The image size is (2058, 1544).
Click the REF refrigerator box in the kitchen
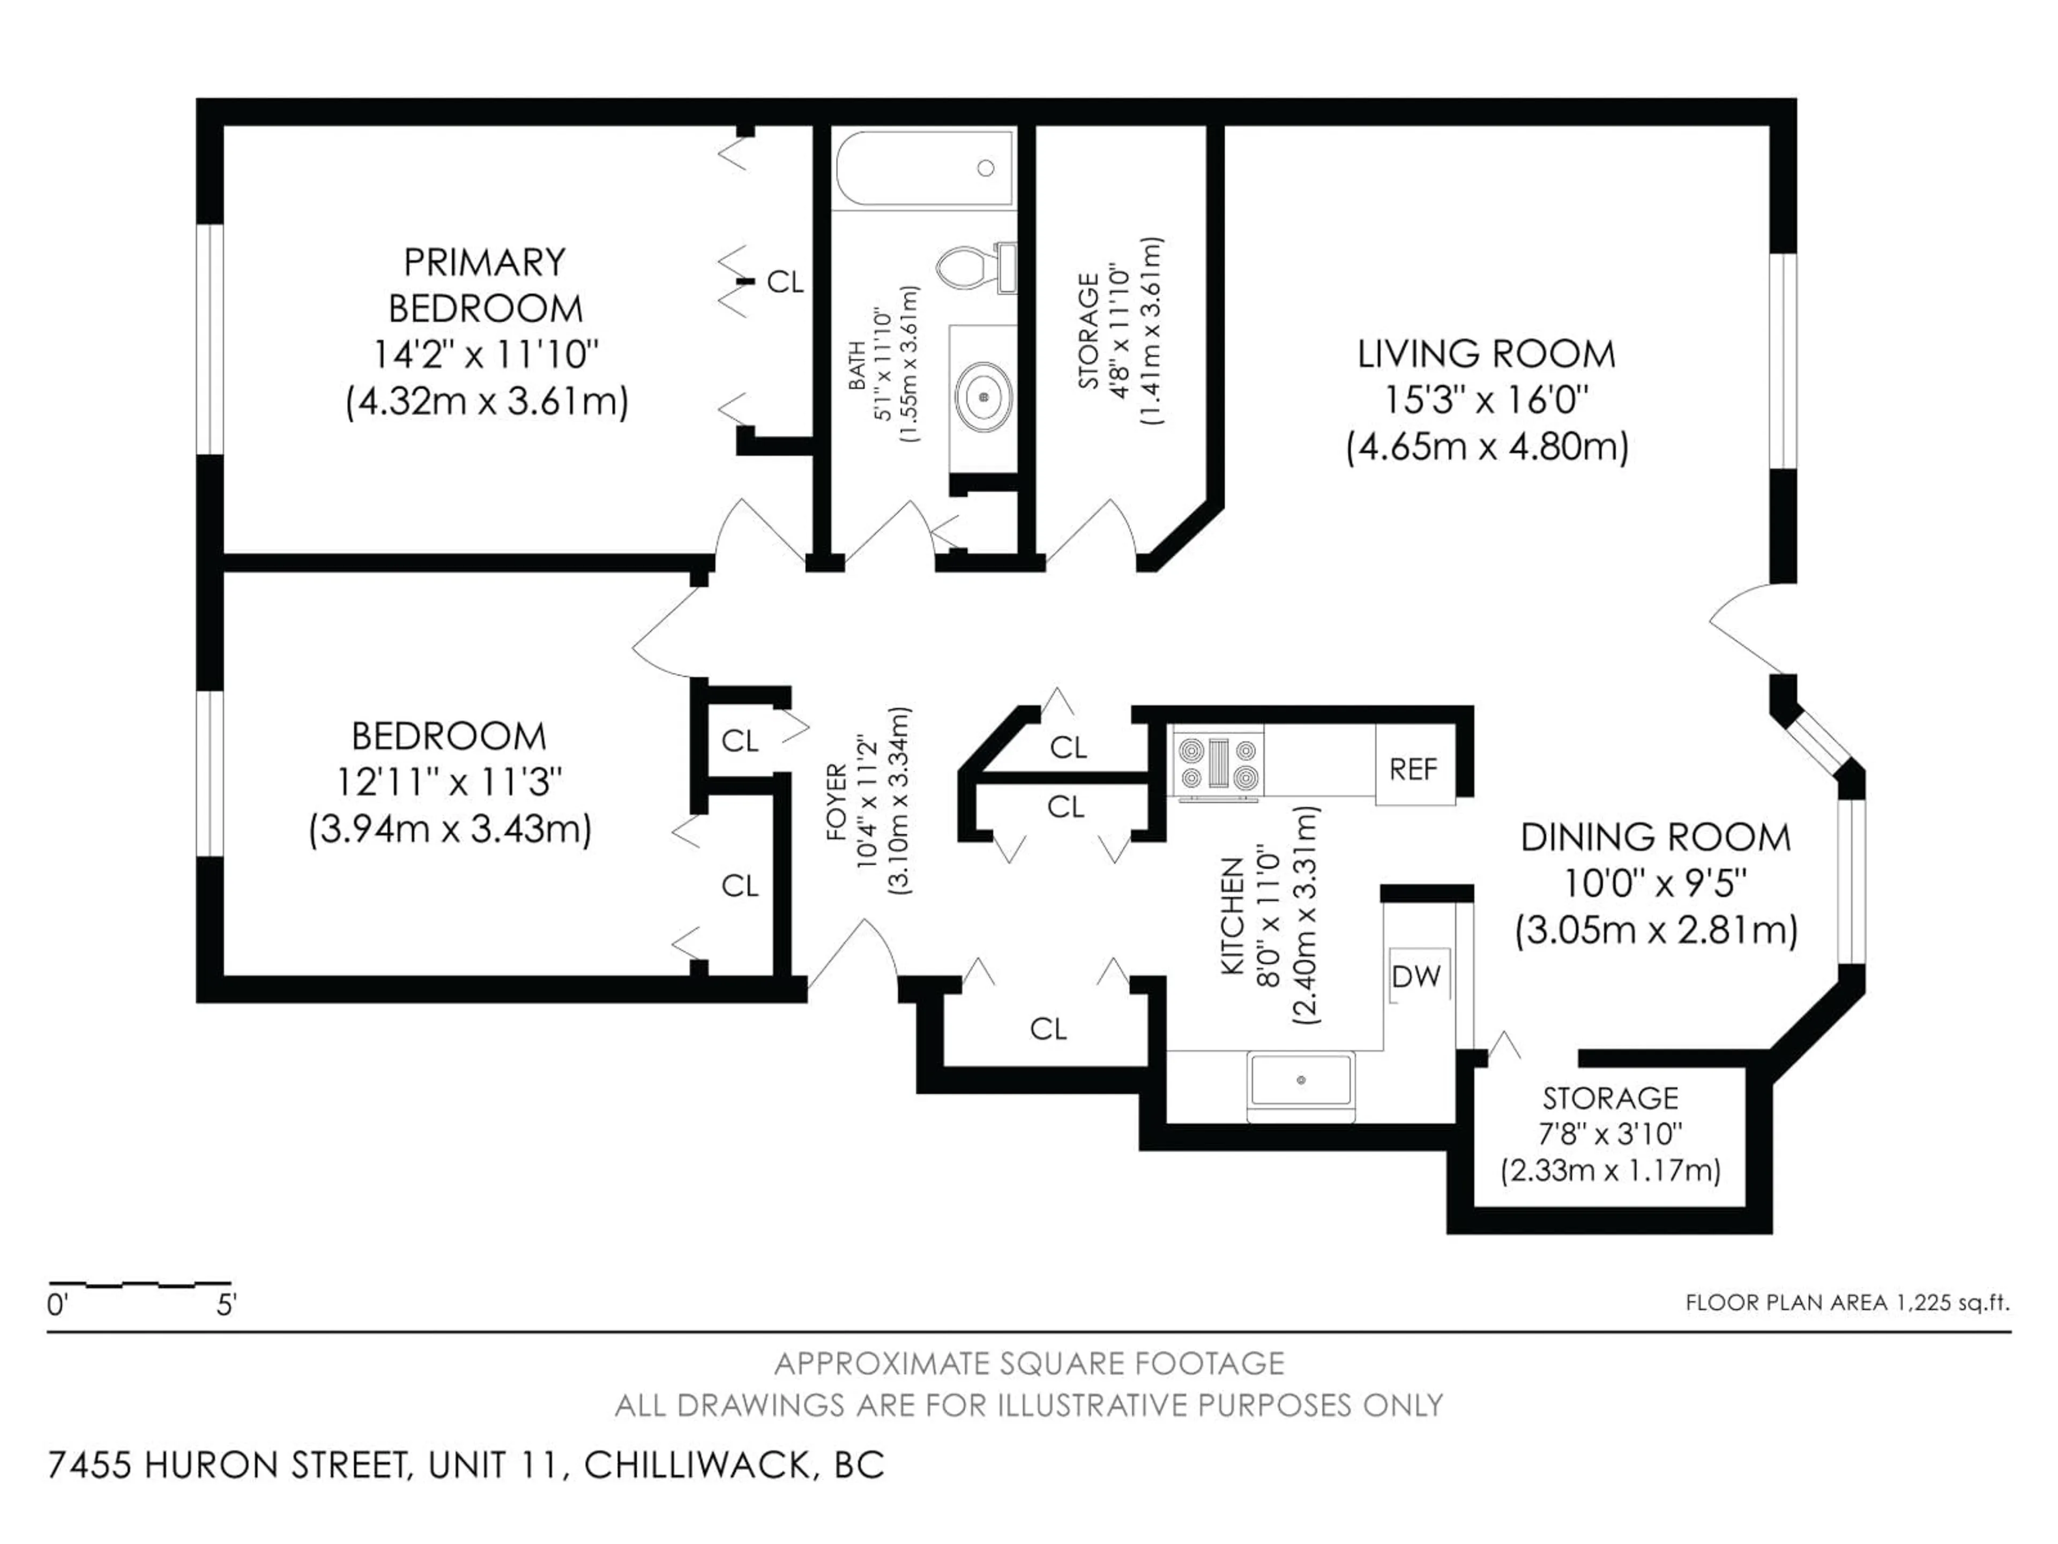(1414, 769)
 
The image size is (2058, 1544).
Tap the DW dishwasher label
(1416, 976)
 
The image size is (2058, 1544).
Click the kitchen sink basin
(1301, 1080)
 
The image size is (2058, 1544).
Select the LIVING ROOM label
(1486, 354)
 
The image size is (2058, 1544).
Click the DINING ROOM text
(1655, 837)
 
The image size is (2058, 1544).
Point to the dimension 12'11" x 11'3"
(449, 782)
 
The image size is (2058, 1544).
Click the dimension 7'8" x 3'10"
(1610, 1133)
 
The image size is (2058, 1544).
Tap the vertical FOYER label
(837, 801)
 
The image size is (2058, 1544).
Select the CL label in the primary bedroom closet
(784, 282)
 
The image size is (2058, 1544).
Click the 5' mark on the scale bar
(226, 1306)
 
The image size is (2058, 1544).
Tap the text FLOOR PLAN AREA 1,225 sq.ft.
(1847, 1303)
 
